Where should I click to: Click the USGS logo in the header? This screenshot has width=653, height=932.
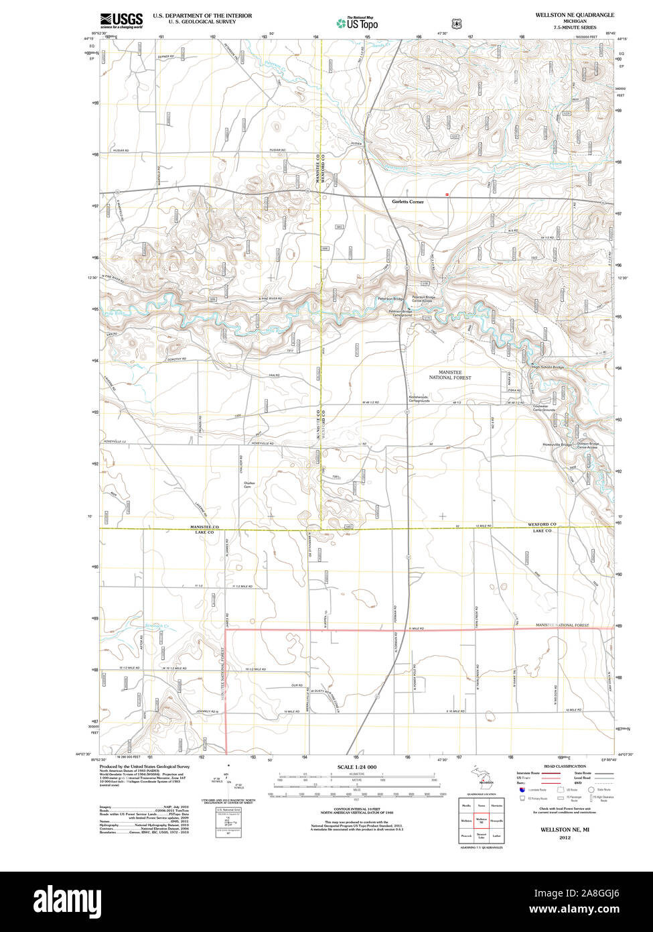(x=121, y=21)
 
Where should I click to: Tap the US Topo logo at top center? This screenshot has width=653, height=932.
(x=358, y=23)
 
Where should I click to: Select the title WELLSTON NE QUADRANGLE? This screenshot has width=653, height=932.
(x=574, y=14)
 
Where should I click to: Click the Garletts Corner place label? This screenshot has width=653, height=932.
(x=408, y=201)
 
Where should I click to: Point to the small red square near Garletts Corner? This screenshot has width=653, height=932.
(x=447, y=194)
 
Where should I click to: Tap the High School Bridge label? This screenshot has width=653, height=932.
(x=548, y=367)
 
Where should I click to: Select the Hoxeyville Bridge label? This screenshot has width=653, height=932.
(x=557, y=445)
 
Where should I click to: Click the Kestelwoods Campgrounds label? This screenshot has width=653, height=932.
(x=419, y=398)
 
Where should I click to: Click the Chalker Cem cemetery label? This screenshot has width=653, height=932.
(x=250, y=485)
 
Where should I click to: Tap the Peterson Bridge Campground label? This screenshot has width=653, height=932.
(x=401, y=313)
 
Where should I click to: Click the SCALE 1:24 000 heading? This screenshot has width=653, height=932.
(x=357, y=766)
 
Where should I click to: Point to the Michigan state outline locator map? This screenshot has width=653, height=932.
(x=480, y=777)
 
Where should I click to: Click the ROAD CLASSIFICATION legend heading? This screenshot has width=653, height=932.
(x=565, y=766)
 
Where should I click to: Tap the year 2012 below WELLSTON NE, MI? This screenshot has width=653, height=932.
(x=565, y=837)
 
